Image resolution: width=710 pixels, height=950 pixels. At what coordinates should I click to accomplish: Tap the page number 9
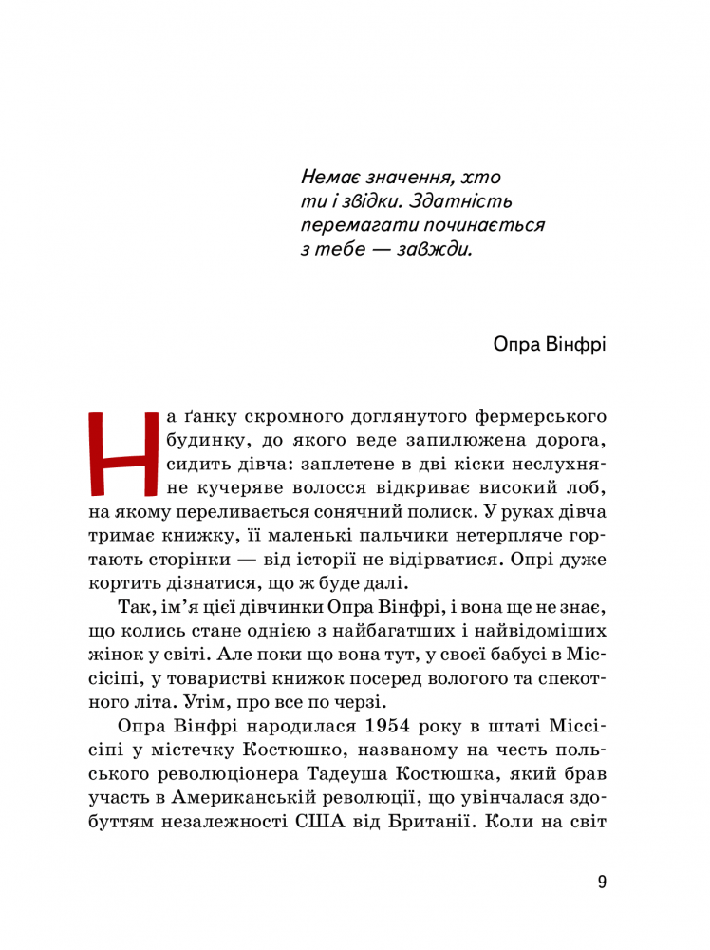click(602, 882)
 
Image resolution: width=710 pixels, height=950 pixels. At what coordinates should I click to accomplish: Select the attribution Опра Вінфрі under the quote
click(550, 343)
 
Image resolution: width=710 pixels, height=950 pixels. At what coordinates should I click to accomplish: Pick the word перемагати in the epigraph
click(348, 226)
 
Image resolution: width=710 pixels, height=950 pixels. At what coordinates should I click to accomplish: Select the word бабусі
click(511, 655)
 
